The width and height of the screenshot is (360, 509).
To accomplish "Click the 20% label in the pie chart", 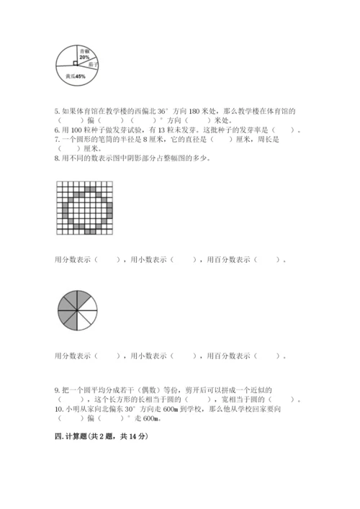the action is pos(85,57).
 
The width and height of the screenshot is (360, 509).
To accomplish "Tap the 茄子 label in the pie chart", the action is pos(94,64).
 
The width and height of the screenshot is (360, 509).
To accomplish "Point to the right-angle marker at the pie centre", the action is pos(76,63).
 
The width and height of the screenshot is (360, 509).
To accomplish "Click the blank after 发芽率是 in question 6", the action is pos(287,130).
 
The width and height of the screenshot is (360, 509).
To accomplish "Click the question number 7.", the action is pos(57,139).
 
